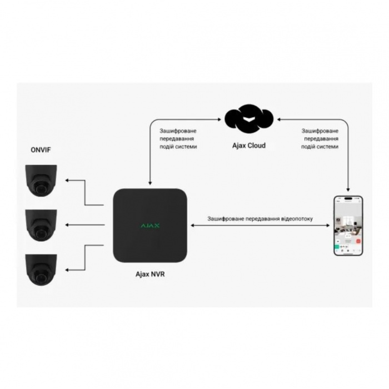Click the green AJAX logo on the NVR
[x=149, y=225]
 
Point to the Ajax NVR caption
[x=150, y=273]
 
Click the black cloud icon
[x=248, y=118]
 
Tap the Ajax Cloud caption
[x=248, y=146]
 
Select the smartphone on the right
[x=348, y=225]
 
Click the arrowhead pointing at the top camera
[x=66, y=181]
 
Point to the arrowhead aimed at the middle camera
[x=66, y=225]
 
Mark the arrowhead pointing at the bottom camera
[x=66, y=269]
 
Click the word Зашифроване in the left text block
[x=178, y=131]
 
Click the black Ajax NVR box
[x=149, y=225]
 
